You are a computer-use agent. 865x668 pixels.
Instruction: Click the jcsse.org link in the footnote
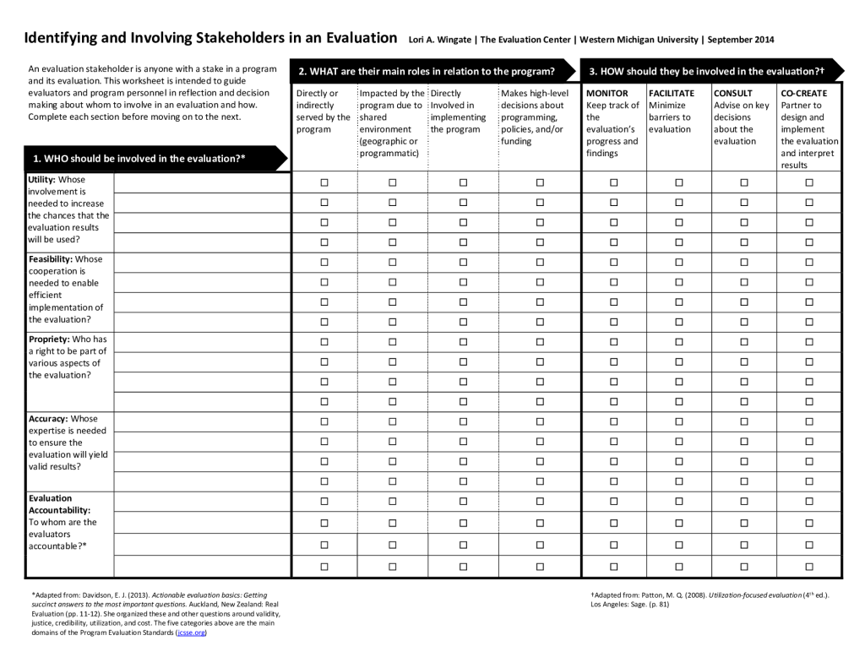coord(190,632)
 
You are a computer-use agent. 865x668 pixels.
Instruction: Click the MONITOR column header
coord(607,93)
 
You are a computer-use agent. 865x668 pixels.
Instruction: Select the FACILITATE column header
coord(672,93)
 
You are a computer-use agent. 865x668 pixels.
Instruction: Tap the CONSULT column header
coord(732,93)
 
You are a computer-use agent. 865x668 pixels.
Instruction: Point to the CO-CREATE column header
coord(804,93)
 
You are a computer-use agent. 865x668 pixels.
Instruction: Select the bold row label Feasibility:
coord(52,259)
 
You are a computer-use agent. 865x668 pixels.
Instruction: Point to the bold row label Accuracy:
coord(48,419)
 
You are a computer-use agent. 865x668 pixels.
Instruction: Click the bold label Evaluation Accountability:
coord(59,504)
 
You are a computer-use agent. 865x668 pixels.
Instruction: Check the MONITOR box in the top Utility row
coord(614,182)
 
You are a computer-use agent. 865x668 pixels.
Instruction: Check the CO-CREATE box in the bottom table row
coord(808,567)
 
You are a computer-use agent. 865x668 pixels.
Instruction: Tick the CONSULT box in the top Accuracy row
coord(744,421)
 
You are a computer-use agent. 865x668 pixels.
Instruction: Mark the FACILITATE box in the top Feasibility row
coord(680,262)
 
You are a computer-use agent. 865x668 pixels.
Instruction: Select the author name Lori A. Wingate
coord(438,40)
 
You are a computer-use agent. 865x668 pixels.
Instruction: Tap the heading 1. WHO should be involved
coord(139,158)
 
